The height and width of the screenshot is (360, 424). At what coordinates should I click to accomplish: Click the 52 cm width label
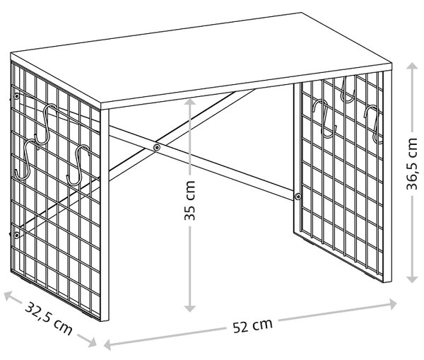252,325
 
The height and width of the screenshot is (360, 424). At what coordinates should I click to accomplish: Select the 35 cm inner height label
189,200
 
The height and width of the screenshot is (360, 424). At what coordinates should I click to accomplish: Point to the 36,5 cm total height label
413,164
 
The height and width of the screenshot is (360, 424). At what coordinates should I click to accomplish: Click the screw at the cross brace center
157,147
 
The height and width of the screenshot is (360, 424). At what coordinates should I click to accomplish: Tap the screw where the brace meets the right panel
298,197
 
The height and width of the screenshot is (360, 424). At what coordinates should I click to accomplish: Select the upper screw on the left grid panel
17,96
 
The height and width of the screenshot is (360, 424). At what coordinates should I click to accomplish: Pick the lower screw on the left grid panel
17,235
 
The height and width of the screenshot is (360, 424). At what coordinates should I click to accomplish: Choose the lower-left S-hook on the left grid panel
26,160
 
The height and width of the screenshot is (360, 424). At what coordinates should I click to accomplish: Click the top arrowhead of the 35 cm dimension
190,103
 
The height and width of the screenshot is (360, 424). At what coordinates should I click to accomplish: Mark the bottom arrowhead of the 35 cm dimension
190,308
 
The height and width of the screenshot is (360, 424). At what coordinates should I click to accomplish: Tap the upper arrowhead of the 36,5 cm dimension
413,66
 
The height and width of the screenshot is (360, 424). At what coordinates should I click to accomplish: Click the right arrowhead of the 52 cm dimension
393,303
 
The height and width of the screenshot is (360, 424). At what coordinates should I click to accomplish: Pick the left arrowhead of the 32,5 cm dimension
8,296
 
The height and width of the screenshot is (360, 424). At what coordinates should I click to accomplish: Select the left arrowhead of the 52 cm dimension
108,344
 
